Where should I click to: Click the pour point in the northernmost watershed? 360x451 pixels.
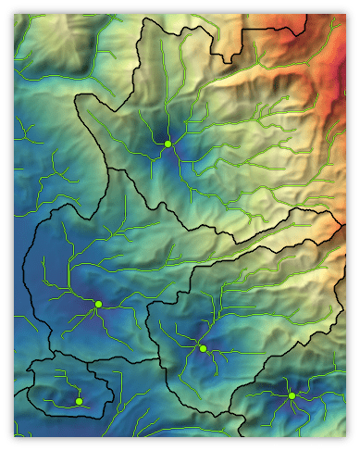pos(168,144)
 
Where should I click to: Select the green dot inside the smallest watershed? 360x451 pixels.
pos(80,401)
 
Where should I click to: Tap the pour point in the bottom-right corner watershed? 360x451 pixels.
pos(292,395)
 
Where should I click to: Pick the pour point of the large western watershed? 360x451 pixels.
pos(97,304)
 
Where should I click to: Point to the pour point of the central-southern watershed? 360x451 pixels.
pos(203,348)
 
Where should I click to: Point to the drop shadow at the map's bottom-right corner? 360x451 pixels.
pos(353,442)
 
